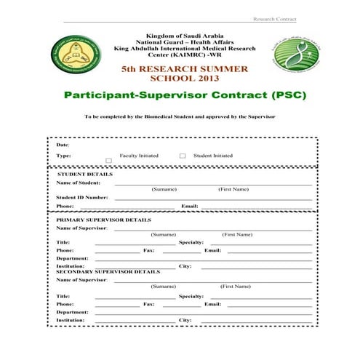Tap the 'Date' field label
[63, 145]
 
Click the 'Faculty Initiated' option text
[139, 156]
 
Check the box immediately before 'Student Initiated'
[183, 156]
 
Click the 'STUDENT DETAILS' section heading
[84, 175]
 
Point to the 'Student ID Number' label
[82, 197]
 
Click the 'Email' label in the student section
[190, 206]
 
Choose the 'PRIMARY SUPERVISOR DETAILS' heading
[104, 220]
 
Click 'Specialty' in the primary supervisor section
[191, 242]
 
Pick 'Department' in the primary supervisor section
[72, 258]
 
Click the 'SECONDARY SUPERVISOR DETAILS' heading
[108, 271]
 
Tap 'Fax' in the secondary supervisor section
[148, 304]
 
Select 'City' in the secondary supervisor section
[185, 320]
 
